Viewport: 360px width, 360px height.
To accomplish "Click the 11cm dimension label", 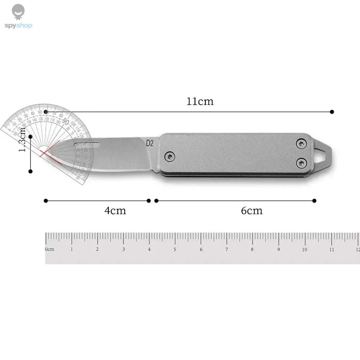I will click(200, 101).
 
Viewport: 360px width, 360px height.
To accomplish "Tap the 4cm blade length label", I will click(115, 210).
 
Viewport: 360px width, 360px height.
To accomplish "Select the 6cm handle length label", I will click(252, 210).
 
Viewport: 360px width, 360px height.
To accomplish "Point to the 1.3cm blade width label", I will click(22, 139).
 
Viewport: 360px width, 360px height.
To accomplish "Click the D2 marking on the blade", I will click(150, 143).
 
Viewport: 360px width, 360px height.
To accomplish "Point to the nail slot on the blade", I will click(87, 144).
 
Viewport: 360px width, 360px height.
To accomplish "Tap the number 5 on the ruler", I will click(175, 249).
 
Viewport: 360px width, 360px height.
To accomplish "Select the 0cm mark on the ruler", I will click(49, 249).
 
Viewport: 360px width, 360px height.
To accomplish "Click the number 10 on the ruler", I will click(305, 249).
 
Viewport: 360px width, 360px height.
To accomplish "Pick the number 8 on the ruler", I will click(252, 249).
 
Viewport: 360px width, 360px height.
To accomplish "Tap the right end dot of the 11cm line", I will click(332, 112).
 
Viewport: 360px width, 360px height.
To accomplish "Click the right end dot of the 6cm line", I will click(314, 201).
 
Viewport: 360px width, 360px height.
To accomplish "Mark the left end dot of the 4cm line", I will click(46, 201).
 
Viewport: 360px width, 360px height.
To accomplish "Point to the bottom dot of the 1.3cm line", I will click(31, 171).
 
